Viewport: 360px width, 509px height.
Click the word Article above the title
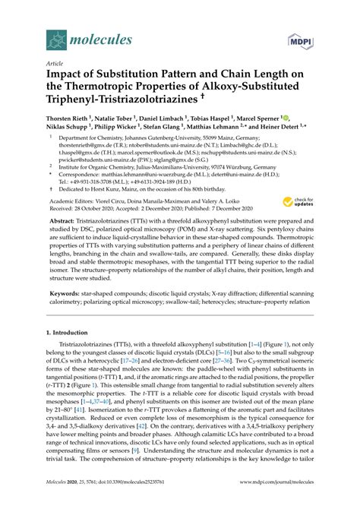pos(56,65)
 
